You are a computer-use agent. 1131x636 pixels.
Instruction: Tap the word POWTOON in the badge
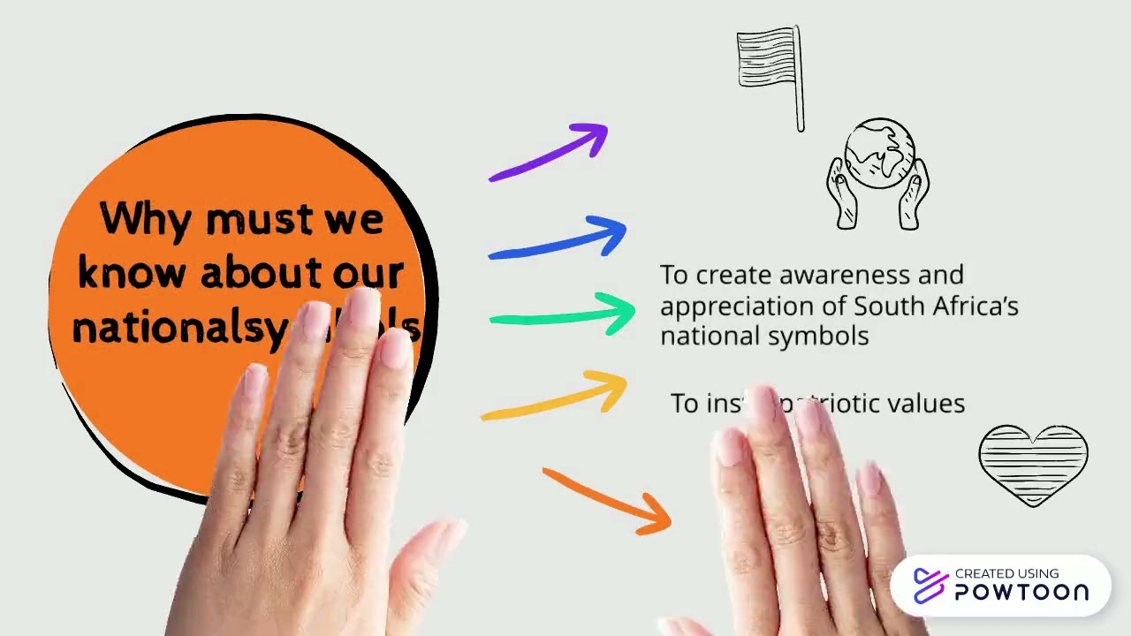point(1021,593)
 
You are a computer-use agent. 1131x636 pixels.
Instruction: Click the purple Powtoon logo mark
point(930,586)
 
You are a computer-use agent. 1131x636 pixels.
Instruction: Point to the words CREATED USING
point(1006,573)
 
